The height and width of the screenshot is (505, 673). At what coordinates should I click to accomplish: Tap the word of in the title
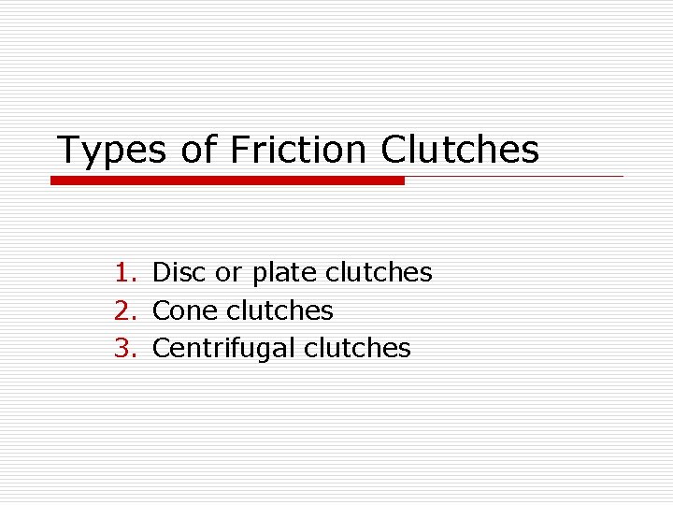198,150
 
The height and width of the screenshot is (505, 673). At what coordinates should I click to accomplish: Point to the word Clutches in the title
460,149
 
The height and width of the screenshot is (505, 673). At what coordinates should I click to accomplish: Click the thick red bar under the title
227,180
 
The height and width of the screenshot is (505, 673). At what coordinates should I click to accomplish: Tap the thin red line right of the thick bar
514,176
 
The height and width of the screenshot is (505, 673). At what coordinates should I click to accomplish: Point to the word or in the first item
228,273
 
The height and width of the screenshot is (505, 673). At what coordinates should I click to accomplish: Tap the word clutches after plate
379,272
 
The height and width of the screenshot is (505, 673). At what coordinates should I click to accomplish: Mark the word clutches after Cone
279,310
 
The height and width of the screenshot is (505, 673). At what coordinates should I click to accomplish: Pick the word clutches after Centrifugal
357,348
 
